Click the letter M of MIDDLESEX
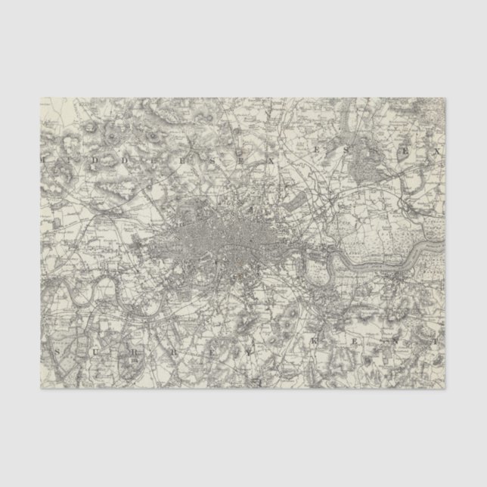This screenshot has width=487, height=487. coord(47,161)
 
